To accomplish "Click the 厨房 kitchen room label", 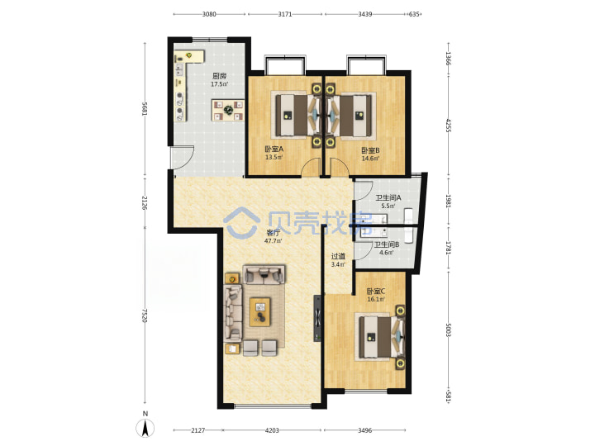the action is tap(219, 75).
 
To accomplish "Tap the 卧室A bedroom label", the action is tap(274, 149).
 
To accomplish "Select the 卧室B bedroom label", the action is tap(370, 150).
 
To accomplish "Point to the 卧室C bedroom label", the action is tap(376, 292).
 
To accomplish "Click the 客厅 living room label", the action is tap(273, 232).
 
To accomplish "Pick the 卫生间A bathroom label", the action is tap(388, 197).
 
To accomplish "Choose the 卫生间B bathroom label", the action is tap(387, 244).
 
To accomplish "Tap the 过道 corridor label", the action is tap(338, 256).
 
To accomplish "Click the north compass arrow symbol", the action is tap(145, 429).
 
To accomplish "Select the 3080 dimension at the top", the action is tap(209, 14).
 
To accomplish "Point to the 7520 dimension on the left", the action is tap(144, 316).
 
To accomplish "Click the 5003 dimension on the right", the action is tap(448, 330).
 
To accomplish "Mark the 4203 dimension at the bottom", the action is tap(272, 430).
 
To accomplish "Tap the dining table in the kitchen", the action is tap(228, 110).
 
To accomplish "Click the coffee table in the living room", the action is tap(260, 311).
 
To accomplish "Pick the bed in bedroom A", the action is tap(296, 115).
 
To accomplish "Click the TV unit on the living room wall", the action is tap(317, 318).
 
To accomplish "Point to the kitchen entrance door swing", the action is tap(182, 157).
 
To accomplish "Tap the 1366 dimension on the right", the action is tap(448, 59).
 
